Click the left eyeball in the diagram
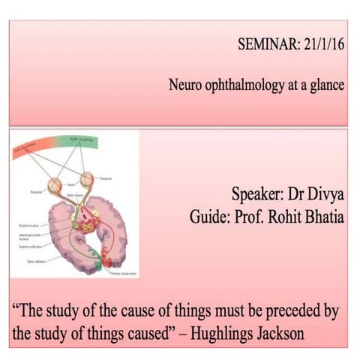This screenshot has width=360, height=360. [x=55, y=183]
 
